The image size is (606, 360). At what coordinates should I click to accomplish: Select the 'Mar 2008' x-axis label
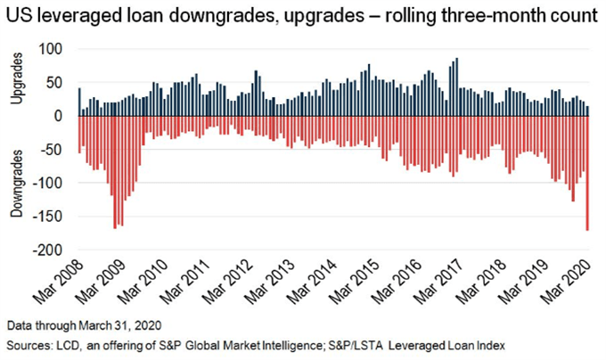click(x=59, y=282)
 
